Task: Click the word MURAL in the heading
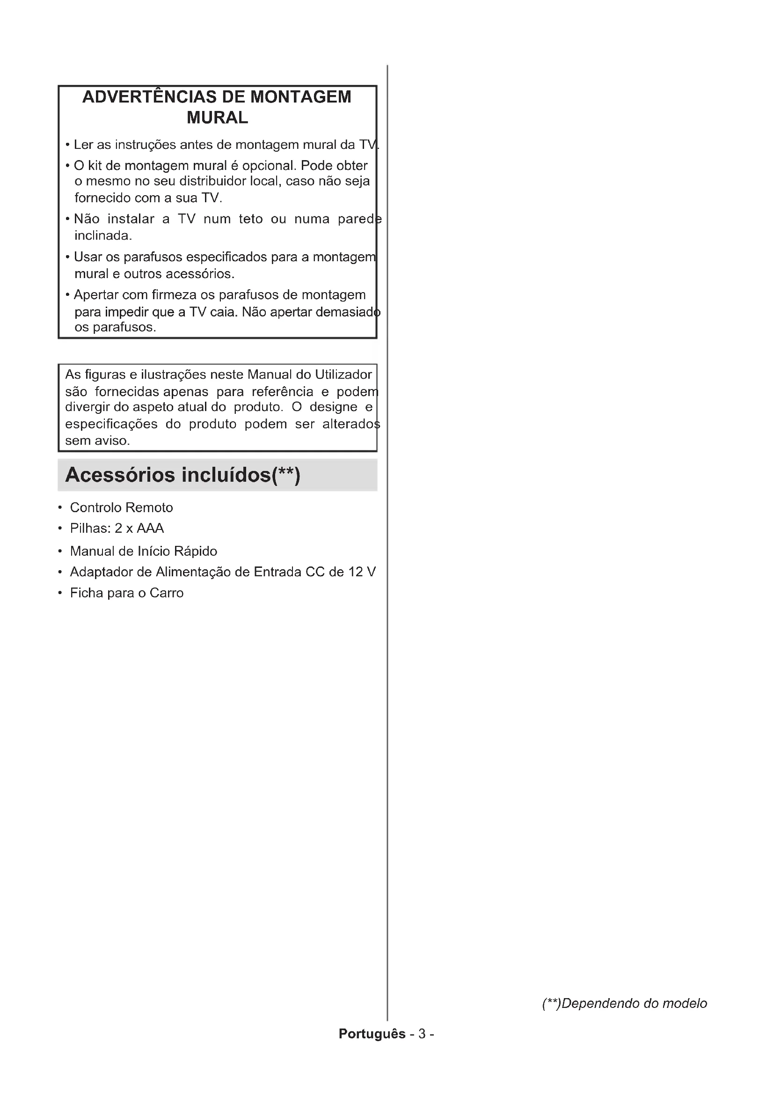pyautogui.click(x=217, y=118)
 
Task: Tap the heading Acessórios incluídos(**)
pyautogui.click(x=183, y=475)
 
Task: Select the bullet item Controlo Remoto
pyautogui.click(x=121, y=507)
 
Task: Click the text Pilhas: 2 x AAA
pyautogui.click(x=117, y=529)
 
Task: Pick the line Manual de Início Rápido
pyautogui.click(x=144, y=551)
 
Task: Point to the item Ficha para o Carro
pyautogui.click(x=126, y=593)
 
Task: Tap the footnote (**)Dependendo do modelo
pyautogui.click(x=624, y=1003)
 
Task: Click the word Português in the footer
pyautogui.click(x=372, y=1034)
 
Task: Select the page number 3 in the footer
pyautogui.click(x=422, y=1034)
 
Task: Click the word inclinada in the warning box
pyautogui.click(x=102, y=235)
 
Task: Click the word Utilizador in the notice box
pyautogui.click(x=343, y=375)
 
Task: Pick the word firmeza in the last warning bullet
pyautogui.click(x=174, y=295)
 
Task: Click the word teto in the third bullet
pyautogui.click(x=251, y=219)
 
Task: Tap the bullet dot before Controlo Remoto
pyautogui.click(x=60, y=507)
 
